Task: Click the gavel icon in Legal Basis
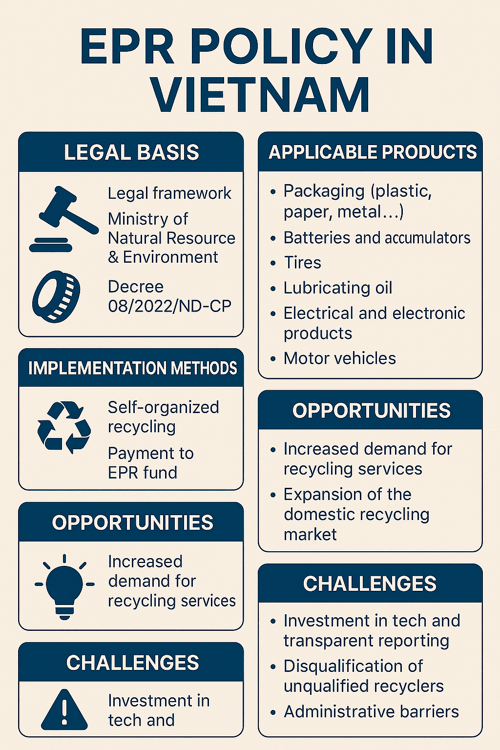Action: (63, 218)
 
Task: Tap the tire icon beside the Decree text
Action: (56, 297)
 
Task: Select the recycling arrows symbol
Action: (63, 428)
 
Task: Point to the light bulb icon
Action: (64, 586)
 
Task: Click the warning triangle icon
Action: (64, 709)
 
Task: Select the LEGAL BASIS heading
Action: (132, 152)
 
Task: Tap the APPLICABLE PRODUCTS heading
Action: (373, 152)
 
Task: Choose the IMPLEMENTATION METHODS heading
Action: (133, 368)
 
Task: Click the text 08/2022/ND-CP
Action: (169, 306)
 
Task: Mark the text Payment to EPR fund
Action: (151, 463)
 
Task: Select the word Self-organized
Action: (164, 408)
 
